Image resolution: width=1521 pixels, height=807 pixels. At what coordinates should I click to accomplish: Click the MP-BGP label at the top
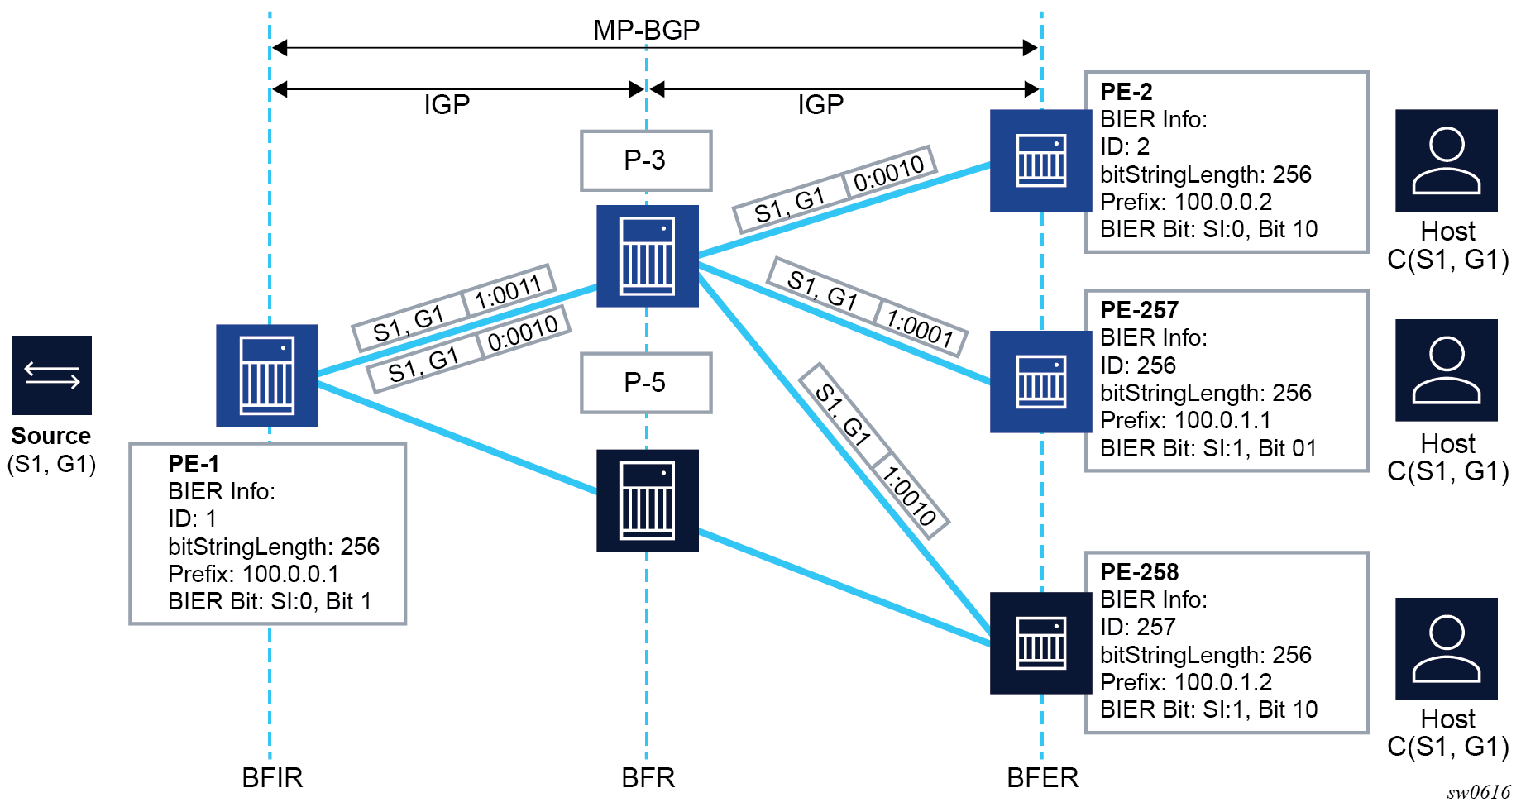(x=646, y=30)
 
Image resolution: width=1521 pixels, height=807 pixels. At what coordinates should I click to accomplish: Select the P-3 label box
(x=646, y=160)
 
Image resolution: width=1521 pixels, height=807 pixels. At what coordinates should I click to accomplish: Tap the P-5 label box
(x=646, y=383)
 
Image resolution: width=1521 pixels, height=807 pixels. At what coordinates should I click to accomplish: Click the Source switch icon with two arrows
(x=52, y=375)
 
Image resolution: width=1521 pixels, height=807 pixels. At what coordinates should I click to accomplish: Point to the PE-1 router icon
(x=267, y=375)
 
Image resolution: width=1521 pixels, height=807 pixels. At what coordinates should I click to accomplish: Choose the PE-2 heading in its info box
(x=1126, y=92)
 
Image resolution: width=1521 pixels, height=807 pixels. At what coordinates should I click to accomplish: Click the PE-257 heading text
(x=1139, y=310)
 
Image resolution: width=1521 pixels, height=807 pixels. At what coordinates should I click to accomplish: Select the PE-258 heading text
(x=1139, y=572)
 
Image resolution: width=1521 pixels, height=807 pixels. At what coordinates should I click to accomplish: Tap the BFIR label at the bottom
(x=272, y=778)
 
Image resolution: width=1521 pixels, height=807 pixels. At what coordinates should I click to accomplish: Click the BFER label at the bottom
(x=1042, y=778)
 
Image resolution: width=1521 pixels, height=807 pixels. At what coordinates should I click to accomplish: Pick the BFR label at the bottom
(x=648, y=778)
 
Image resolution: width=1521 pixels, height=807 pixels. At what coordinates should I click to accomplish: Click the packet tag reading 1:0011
(x=508, y=292)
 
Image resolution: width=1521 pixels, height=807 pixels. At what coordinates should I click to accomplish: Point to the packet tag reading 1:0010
(x=909, y=495)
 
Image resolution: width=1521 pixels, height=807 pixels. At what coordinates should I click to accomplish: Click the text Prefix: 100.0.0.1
(x=253, y=574)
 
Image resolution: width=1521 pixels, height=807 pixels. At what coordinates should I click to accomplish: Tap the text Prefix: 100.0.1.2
(x=1185, y=682)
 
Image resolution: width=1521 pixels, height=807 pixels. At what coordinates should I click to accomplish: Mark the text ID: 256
(x=1137, y=365)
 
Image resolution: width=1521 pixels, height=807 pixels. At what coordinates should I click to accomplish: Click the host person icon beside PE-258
(x=1446, y=649)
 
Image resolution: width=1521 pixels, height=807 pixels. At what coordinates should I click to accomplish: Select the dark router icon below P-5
(x=648, y=500)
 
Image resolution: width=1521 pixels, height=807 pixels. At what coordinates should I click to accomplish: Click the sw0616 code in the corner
(x=1478, y=793)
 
